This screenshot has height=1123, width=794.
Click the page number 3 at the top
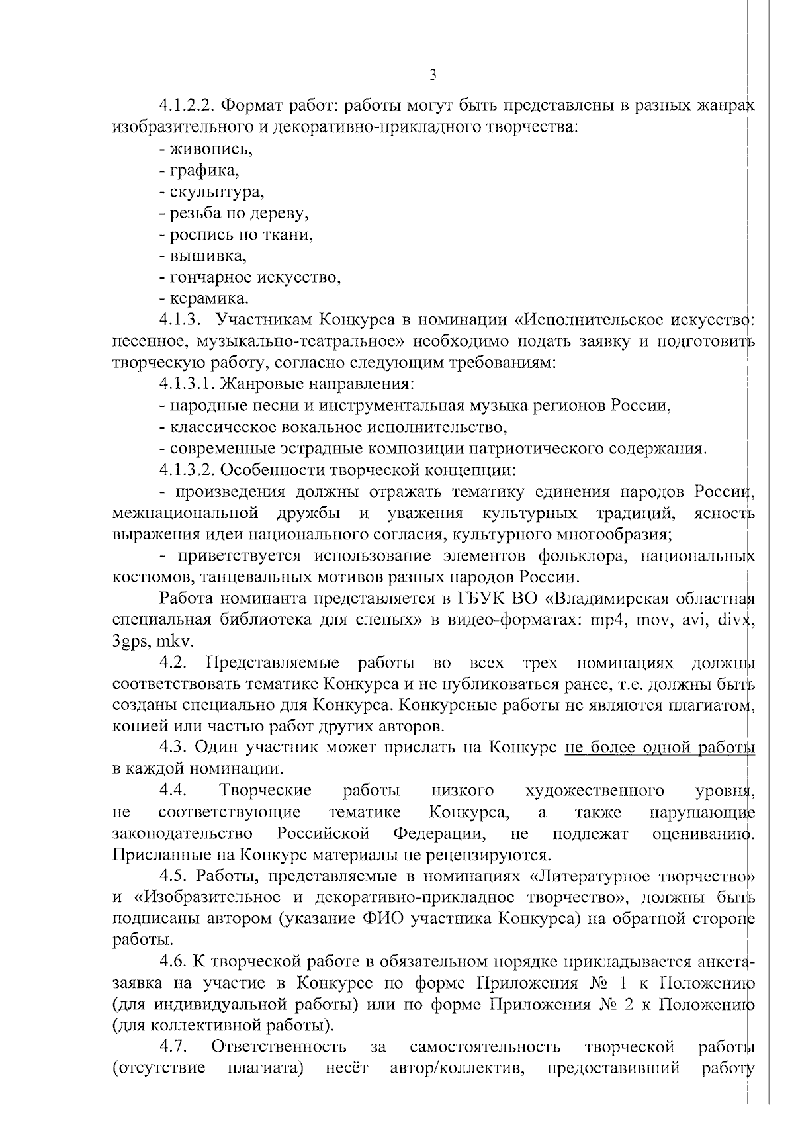click(x=433, y=75)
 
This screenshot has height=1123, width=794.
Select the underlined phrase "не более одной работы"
click(x=660, y=748)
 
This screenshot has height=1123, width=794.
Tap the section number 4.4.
click(x=174, y=791)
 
